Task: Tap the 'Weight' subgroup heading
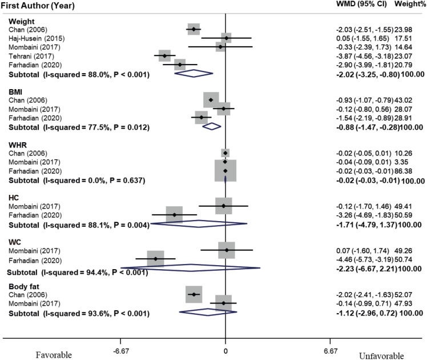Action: coord(18,21)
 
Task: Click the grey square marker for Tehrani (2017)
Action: coord(164,55)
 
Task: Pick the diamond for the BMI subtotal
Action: coord(212,126)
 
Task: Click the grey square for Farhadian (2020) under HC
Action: coord(174,215)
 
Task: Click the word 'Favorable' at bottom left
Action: coord(54,354)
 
